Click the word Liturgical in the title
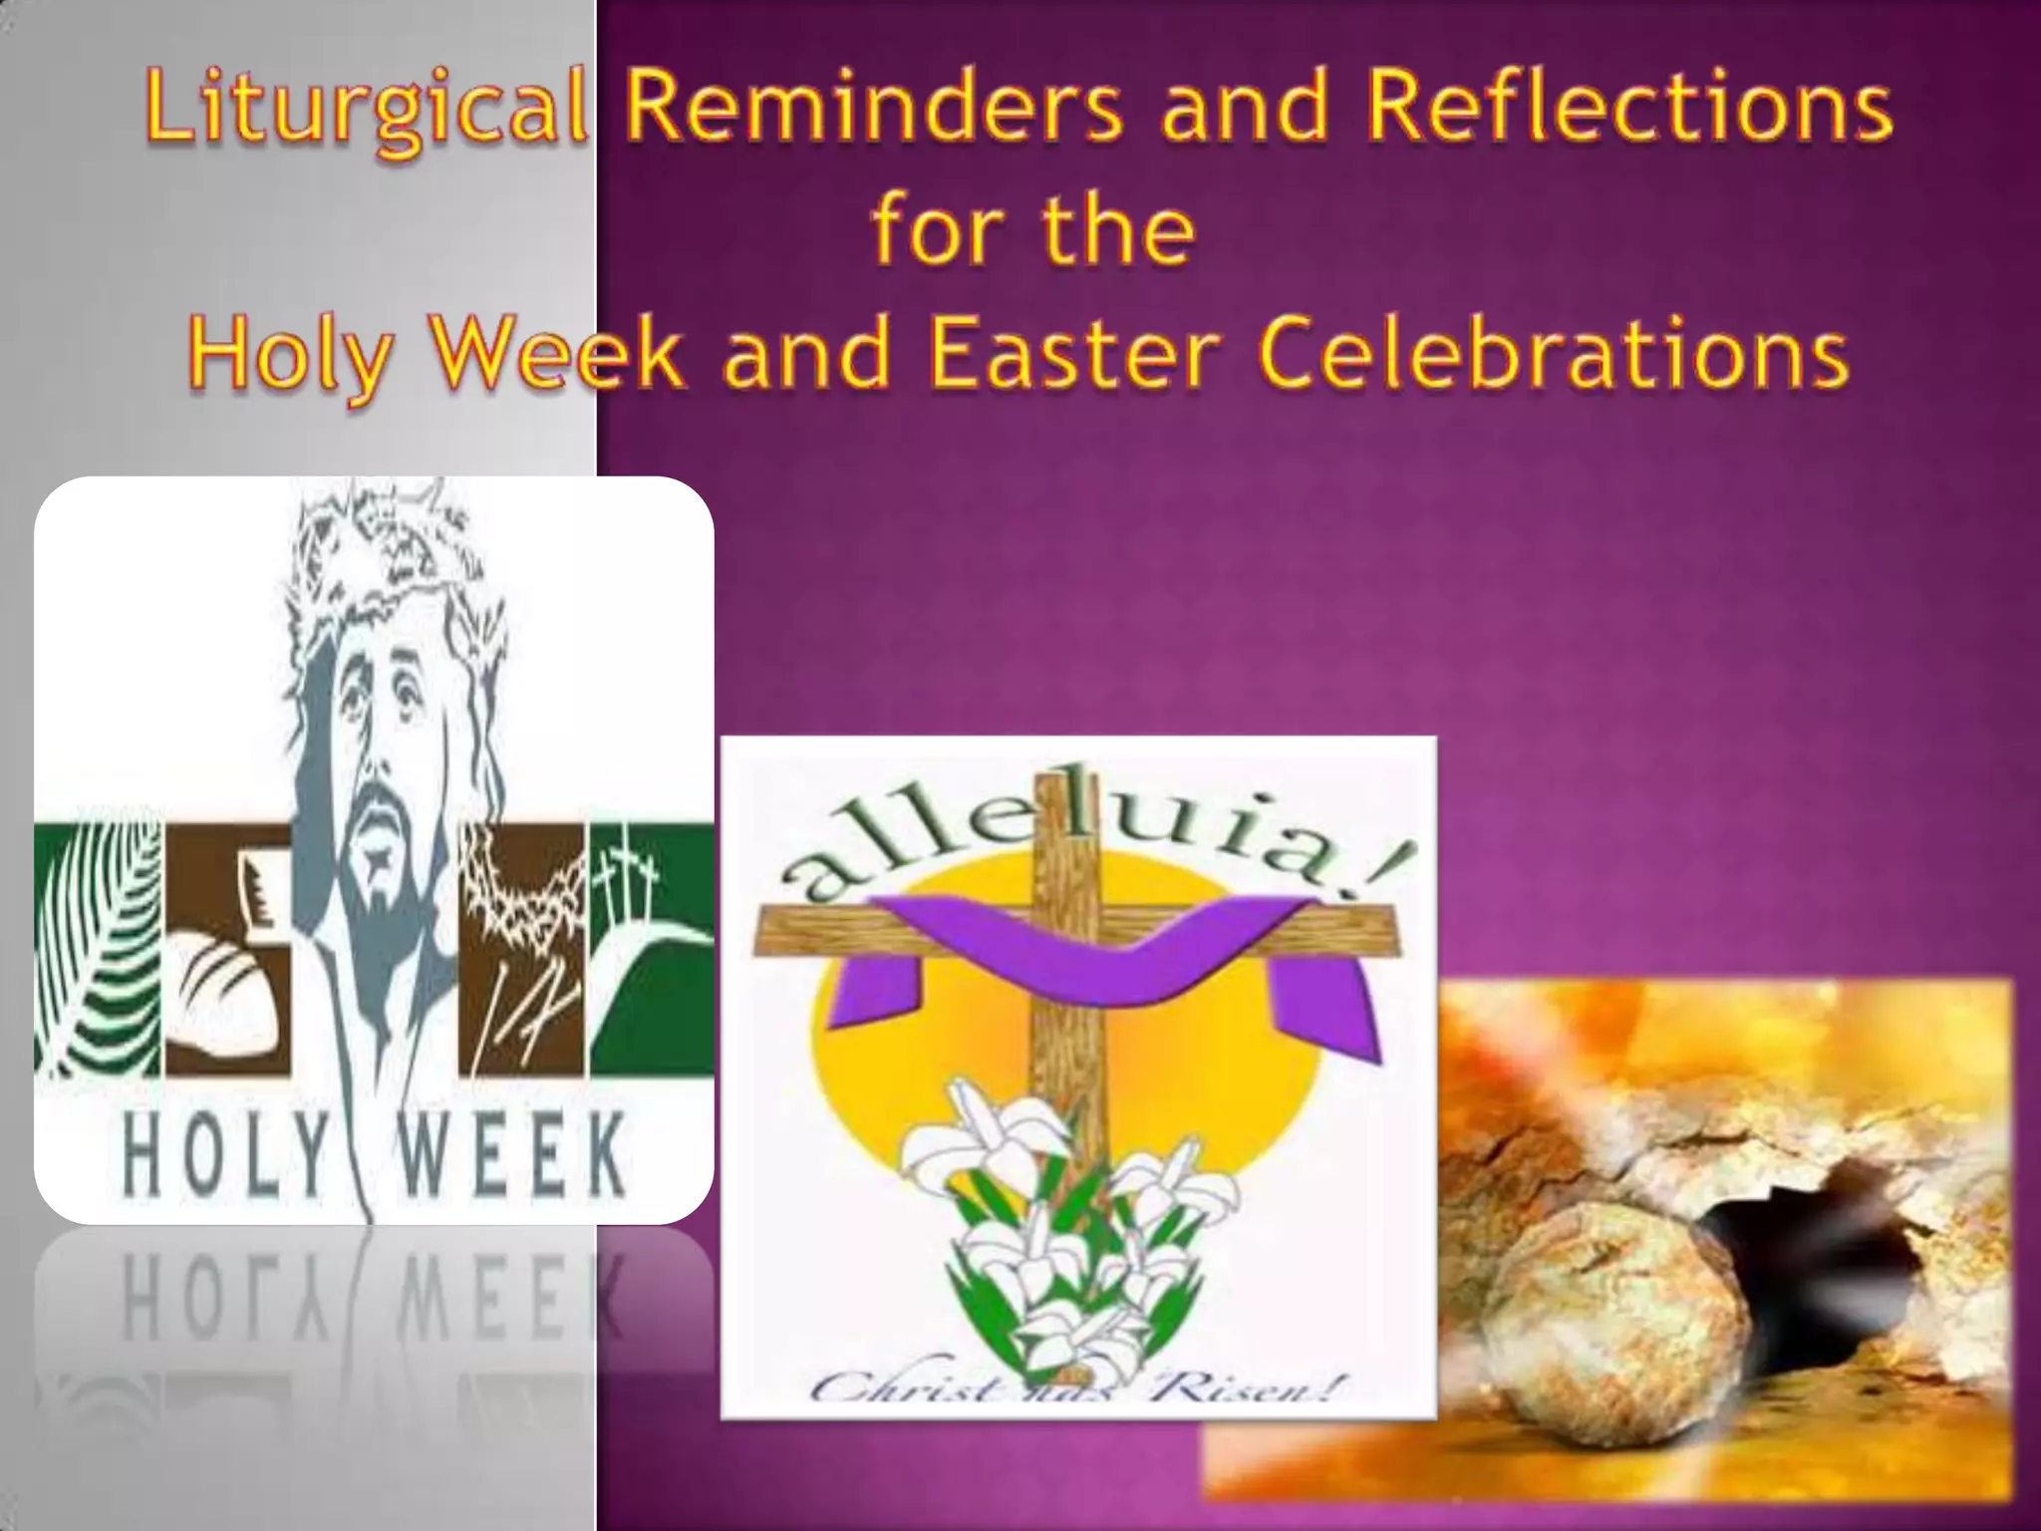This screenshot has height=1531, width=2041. click(365, 113)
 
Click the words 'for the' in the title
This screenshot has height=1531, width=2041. click(1033, 231)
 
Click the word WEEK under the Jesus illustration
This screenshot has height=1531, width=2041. click(511, 1155)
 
